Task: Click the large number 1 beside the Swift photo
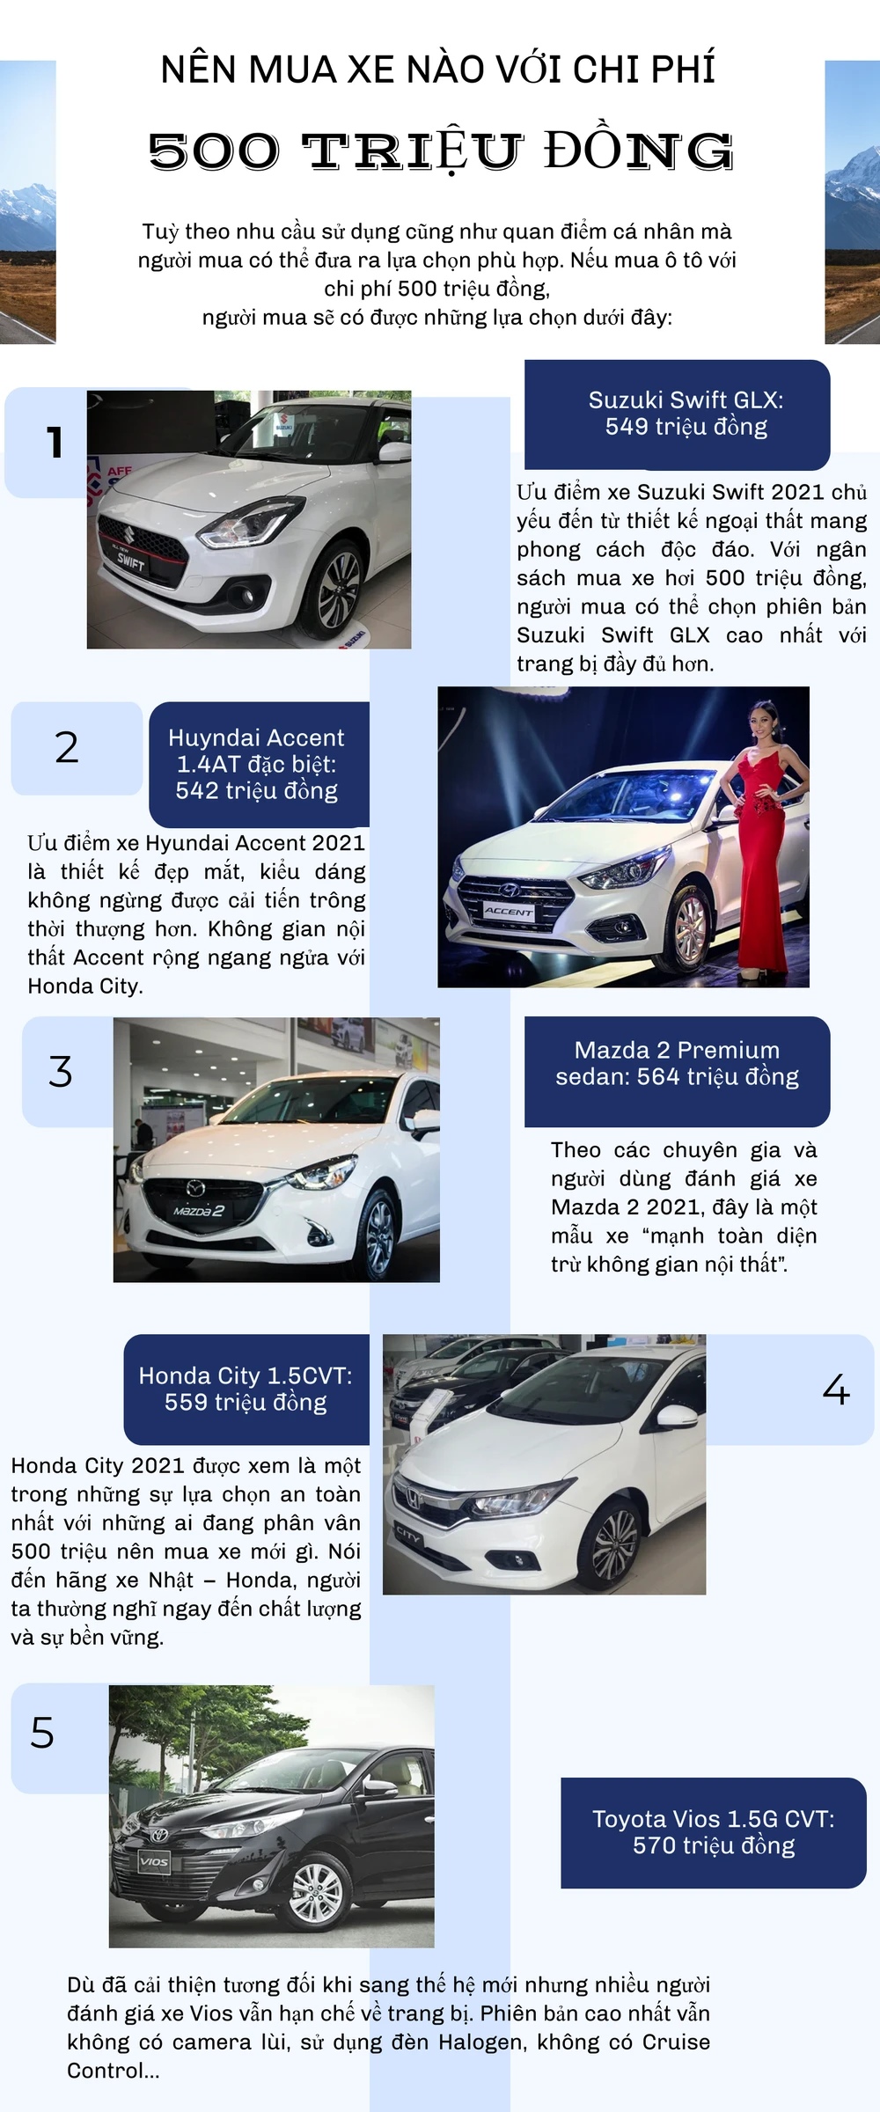[55, 442]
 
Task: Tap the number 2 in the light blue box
[67, 747]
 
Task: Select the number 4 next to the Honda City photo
[836, 1390]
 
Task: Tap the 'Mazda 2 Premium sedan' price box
[678, 1072]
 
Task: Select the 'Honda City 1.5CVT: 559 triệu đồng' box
[246, 1390]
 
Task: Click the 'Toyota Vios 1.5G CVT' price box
[714, 1833]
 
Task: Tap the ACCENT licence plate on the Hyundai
[509, 911]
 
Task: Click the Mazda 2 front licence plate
[198, 1211]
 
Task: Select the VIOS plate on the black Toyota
[154, 1861]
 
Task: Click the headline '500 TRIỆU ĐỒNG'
[440, 150]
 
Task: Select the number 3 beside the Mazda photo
[61, 1072]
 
